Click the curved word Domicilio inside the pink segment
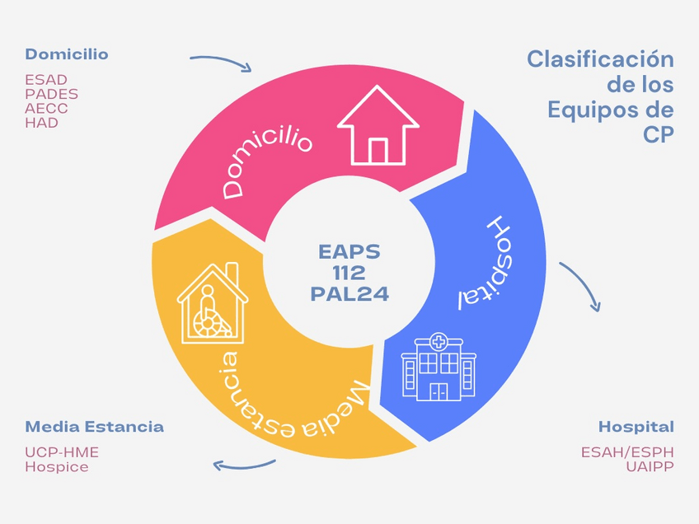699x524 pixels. [x=267, y=161]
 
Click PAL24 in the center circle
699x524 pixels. [x=349, y=292]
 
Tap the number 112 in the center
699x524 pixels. [x=349, y=272]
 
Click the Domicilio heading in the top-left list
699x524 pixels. [x=66, y=54]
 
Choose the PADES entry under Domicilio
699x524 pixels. [x=51, y=94]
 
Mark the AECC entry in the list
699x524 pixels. [x=46, y=108]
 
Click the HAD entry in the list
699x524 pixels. [x=41, y=122]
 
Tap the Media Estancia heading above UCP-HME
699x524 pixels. [x=94, y=426]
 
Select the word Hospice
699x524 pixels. [x=56, y=466]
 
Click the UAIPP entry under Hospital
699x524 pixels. [x=650, y=466]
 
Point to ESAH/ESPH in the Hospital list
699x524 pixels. [x=627, y=452]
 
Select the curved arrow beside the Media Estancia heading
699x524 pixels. [x=244, y=463]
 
